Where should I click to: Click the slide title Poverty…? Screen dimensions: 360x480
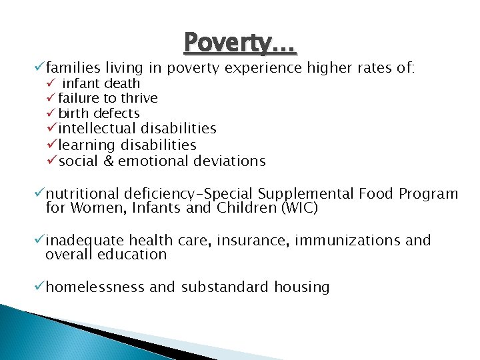240,43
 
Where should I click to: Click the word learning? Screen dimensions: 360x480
87,145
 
